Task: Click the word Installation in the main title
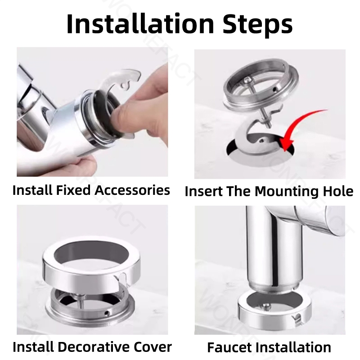[140, 24]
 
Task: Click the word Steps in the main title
[257, 26]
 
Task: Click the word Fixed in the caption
[73, 190]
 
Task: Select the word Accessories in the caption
[132, 190]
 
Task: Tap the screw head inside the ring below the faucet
[266, 306]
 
